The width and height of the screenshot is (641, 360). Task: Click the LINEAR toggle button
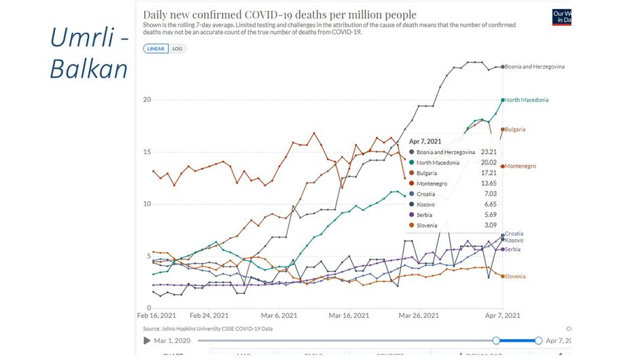tap(156, 49)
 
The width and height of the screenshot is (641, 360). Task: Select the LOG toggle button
tap(178, 49)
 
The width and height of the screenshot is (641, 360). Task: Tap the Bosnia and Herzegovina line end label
tap(534, 67)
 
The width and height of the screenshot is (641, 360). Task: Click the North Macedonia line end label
tap(526, 100)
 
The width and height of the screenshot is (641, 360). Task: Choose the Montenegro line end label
tap(520, 166)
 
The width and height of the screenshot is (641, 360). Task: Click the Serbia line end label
tap(513, 249)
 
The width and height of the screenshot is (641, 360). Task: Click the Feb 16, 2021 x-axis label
tap(156, 316)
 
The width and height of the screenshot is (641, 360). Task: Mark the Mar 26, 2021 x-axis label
tap(419, 316)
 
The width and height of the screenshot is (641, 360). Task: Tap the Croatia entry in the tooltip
tap(427, 194)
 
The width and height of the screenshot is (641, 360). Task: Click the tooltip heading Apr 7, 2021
tap(426, 141)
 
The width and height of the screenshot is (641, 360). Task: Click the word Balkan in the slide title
tap(88, 69)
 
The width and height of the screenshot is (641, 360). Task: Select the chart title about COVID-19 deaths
tap(280, 14)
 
